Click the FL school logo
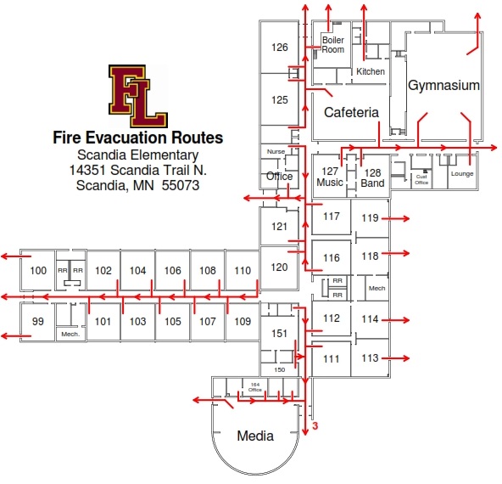138,96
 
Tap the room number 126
280,48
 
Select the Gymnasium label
443,85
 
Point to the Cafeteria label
351,112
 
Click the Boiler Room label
333,45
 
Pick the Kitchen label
371,71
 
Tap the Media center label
255,436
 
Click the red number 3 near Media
315,426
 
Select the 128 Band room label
372,178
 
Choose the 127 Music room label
330,177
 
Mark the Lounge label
462,174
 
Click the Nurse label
276,152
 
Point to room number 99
38,321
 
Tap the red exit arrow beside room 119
396,218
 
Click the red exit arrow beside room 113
396,358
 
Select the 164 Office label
255,387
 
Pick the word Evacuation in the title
127,138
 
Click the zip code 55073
181,185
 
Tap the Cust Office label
421,179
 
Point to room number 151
279,334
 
